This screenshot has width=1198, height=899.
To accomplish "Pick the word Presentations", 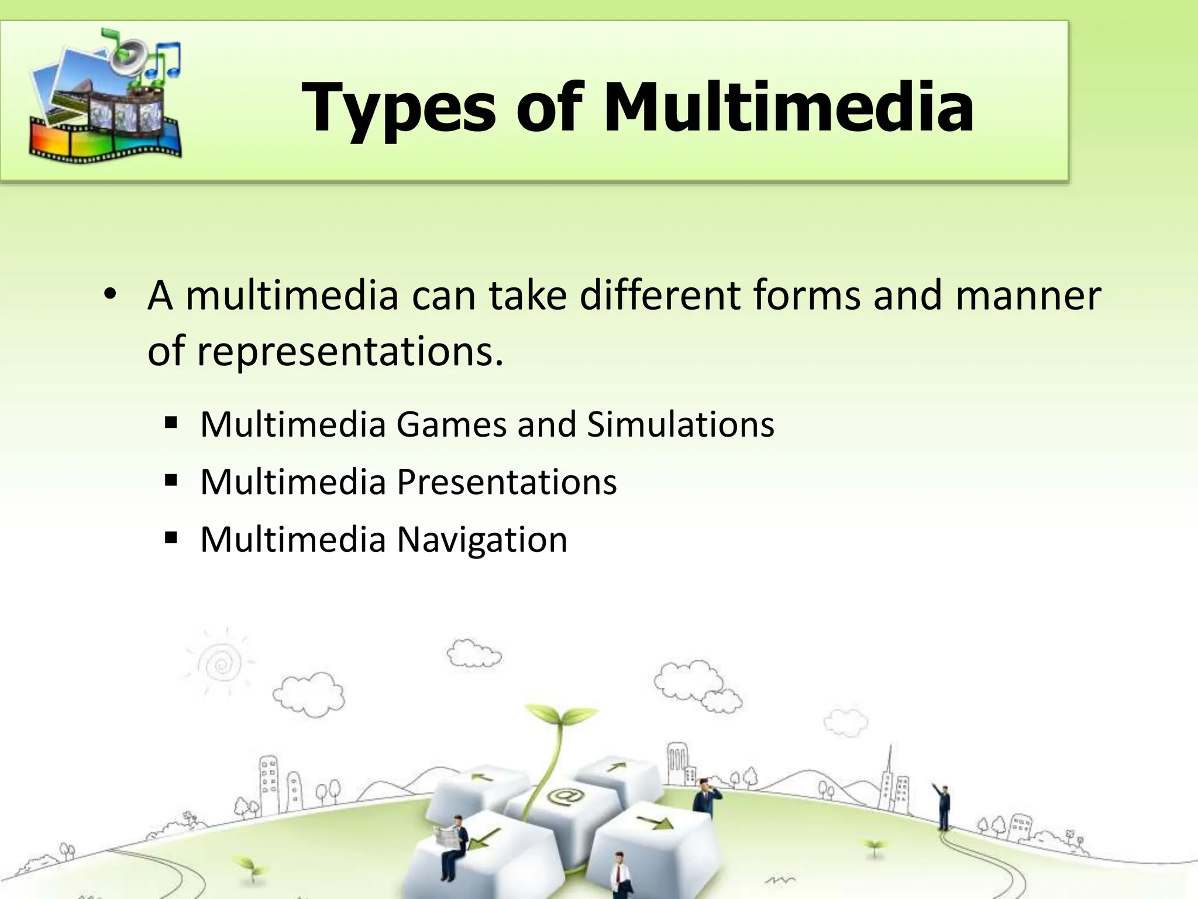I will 507,482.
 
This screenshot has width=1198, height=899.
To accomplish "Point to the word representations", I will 350,351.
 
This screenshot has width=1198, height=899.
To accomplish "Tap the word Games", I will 451,424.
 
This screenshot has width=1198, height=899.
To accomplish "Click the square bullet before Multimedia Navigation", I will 171,537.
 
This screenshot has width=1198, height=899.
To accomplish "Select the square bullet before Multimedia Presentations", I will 171,481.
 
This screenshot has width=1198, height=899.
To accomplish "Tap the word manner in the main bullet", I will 1028,295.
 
